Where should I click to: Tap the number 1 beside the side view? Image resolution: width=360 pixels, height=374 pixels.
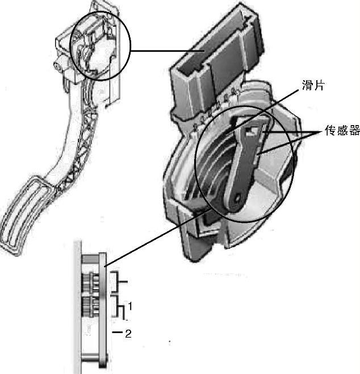pos(130,306)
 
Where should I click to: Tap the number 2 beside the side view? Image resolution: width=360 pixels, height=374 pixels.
pos(128,334)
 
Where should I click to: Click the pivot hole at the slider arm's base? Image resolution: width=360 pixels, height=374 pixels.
pos(236,199)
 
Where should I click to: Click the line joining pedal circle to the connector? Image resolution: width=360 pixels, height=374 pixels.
pos(165,52)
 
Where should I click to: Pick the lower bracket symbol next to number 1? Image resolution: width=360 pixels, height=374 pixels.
pos(120,307)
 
